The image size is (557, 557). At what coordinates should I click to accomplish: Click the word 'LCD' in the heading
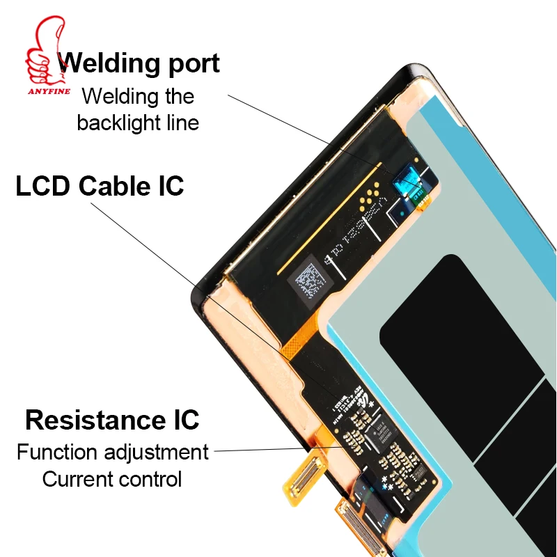[44, 187]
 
